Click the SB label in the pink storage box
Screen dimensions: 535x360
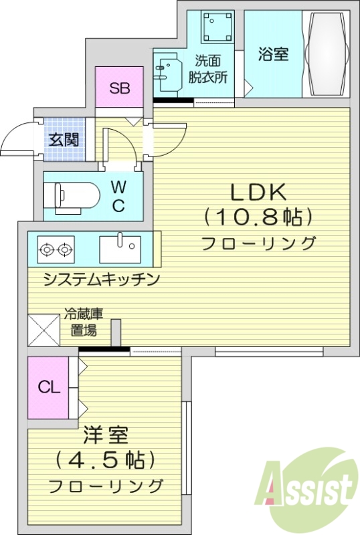pos(119,88)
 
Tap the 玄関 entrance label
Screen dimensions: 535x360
pos(64,140)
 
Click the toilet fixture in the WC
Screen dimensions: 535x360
pos(70,196)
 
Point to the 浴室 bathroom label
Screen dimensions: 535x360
pos(273,55)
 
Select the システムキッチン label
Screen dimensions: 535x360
pos(101,280)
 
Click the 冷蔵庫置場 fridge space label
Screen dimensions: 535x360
pos(84,322)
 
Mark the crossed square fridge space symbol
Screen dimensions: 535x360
pos(44,330)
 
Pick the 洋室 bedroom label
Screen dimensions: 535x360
pos(106,437)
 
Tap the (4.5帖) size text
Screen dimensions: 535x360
pos(106,461)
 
